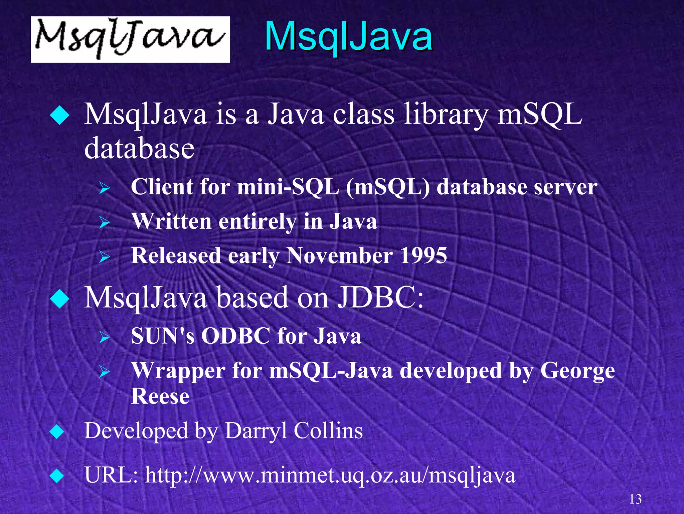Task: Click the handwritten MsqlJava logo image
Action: [130, 39]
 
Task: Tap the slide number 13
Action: [635, 499]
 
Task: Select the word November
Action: [339, 255]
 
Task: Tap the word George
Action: [577, 371]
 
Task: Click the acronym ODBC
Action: [235, 336]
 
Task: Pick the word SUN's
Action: [163, 336]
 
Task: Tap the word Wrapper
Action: [178, 371]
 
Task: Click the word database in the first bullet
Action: [139, 148]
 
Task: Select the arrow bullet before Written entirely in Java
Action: [105, 222]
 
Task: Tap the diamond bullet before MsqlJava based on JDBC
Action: [59, 298]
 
